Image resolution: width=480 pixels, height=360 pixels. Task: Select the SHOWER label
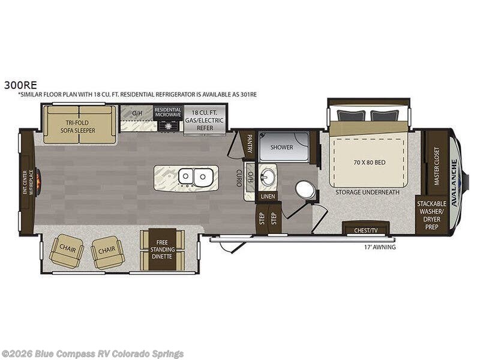(281, 147)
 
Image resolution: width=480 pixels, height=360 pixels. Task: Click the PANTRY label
(250, 143)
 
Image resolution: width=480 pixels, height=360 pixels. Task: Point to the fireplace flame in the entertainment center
(39, 182)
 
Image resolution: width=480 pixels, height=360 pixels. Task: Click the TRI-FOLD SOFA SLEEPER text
(78, 127)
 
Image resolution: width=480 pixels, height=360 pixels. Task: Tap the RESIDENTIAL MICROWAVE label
(168, 112)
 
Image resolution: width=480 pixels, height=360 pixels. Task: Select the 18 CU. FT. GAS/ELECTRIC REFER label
(205, 120)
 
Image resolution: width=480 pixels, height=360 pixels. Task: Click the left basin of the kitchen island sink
(185, 176)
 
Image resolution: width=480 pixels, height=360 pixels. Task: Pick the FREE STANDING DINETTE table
(162, 250)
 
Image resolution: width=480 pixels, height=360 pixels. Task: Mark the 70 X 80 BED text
(370, 162)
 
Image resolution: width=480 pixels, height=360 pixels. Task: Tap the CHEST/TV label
(366, 230)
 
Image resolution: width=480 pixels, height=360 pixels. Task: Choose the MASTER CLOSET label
(437, 166)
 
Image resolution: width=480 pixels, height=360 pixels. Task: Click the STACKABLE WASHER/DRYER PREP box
(431, 215)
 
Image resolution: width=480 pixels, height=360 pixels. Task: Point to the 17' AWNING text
(380, 247)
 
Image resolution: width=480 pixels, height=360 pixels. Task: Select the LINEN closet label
(268, 196)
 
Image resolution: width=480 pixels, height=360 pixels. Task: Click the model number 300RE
(20, 85)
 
